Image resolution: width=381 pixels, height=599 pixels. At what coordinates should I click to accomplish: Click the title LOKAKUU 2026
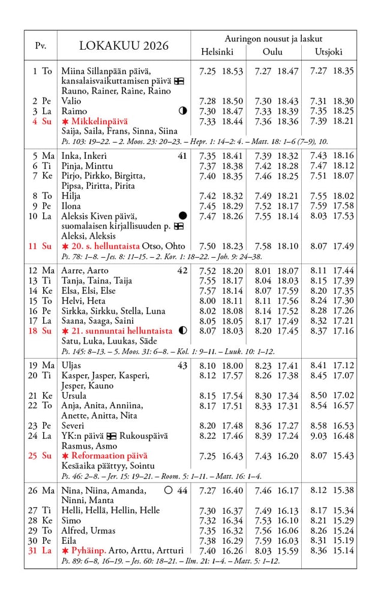pos(124,46)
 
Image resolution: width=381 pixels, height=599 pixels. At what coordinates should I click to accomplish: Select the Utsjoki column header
pos(329,52)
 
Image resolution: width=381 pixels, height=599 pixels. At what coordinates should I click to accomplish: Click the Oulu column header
pos(272,52)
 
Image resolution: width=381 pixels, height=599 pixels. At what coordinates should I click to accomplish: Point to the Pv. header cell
pos(40,46)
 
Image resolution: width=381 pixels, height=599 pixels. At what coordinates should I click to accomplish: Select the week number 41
pos(182,156)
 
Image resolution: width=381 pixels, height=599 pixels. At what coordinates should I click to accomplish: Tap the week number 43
pos(182,366)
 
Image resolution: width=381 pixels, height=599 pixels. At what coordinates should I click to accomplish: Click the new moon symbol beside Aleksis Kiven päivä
pos(182,216)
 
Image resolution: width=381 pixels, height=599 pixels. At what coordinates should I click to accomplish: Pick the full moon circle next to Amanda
pos(168,490)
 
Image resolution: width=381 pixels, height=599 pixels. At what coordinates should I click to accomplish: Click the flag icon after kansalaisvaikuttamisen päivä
pos(179,81)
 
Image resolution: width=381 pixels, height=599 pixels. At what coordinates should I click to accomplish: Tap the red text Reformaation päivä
pos(109,456)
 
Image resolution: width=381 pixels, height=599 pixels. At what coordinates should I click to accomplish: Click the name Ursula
pos(74,396)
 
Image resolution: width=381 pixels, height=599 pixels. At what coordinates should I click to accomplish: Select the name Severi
pos(73,426)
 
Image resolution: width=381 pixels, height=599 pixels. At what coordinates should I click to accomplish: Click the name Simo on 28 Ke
pos(71,520)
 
